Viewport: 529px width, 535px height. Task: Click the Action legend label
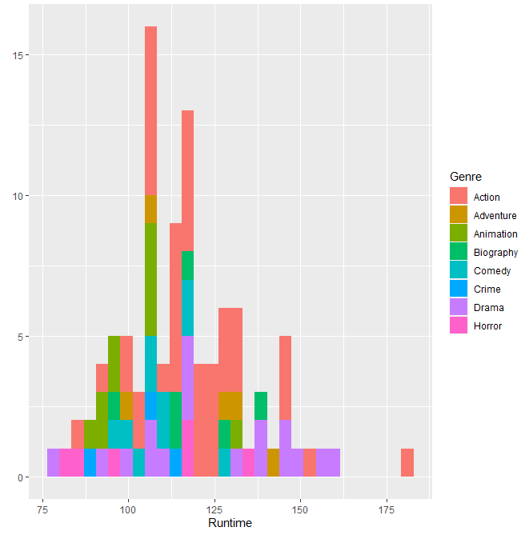[487, 197]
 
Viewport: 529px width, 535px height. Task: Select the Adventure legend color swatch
[459, 215]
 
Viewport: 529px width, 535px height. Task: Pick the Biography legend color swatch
[459, 252]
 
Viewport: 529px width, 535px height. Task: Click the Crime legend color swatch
[459, 289]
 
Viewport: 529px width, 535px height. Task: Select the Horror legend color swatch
[459, 326]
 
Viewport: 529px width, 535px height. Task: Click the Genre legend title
[466, 176]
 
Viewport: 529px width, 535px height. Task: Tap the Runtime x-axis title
[230, 523]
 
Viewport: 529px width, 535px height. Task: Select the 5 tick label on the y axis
[27, 337]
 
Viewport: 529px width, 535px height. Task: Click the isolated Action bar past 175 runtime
[407, 463]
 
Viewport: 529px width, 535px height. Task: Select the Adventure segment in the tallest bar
[150, 210]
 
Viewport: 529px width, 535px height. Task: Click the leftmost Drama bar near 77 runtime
[53, 463]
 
